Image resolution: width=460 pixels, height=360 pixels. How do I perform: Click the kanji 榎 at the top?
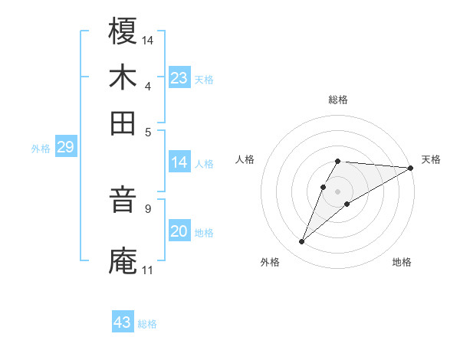(123, 32)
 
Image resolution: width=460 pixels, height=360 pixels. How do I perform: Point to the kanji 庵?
(123, 258)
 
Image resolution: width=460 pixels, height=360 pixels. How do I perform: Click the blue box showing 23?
(179, 78)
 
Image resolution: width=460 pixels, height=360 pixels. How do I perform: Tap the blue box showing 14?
(179, 162)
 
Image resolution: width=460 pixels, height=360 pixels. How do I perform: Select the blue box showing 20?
(179, 231)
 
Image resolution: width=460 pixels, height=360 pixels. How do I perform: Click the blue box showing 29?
(65, 148)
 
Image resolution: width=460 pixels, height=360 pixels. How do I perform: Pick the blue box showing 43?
(123, 322)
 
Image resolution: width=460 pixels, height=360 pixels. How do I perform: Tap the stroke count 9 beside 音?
(148, 208)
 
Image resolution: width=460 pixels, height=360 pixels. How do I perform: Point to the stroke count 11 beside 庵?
(147, 270)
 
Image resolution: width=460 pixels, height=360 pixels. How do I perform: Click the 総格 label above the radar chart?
(338, 100)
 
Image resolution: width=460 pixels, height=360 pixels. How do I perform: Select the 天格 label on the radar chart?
(431, 159)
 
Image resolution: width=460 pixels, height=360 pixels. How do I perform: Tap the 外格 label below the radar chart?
(270, 262)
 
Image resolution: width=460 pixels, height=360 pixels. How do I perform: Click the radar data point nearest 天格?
(411, 168)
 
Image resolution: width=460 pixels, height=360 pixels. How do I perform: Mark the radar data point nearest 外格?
(302, 242)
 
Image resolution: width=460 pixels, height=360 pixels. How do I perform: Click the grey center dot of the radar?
(338, 190)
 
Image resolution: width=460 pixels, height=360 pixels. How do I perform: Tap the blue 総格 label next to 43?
(147, 324)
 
